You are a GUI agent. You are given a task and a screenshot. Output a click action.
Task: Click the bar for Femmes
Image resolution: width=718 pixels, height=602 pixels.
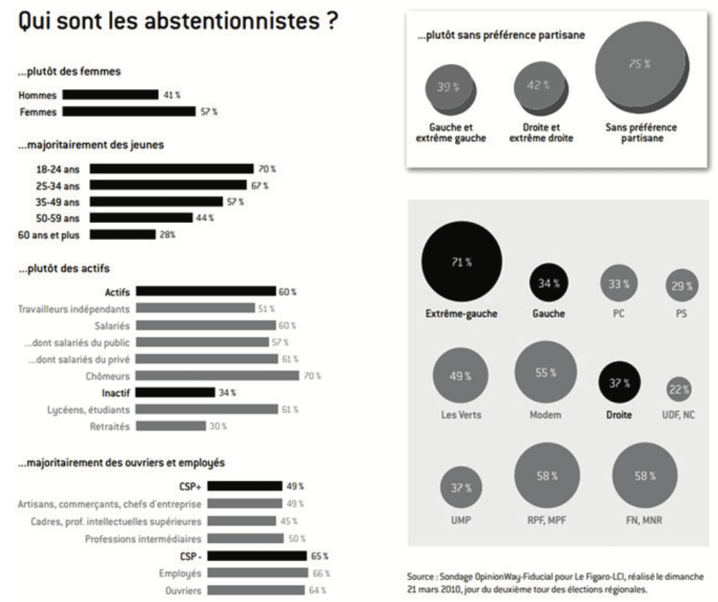[129, 111]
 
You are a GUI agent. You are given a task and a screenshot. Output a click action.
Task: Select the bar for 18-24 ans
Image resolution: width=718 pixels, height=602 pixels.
[171, 169]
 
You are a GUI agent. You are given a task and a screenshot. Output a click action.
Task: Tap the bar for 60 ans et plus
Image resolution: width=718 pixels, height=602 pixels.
[123, 234]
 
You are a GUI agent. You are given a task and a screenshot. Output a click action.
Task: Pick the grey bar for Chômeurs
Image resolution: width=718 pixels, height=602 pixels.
[217, 375]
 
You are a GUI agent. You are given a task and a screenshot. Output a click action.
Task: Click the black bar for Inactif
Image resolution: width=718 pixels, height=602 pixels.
[175, 392]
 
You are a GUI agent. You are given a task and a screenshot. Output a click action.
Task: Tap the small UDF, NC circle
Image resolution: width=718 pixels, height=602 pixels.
[678, 389]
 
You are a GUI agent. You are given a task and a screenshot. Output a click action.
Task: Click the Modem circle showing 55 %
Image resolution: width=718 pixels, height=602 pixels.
[543, 372]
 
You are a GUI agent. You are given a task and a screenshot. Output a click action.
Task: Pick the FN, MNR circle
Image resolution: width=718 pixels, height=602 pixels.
[644, 474]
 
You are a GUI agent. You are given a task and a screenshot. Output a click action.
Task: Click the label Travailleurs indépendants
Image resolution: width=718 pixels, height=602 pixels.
[74, 309]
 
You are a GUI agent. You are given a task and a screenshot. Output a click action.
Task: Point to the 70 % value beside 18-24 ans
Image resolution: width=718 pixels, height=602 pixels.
[267, 169]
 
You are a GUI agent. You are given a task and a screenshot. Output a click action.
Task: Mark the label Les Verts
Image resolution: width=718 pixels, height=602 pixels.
[461, 415]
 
